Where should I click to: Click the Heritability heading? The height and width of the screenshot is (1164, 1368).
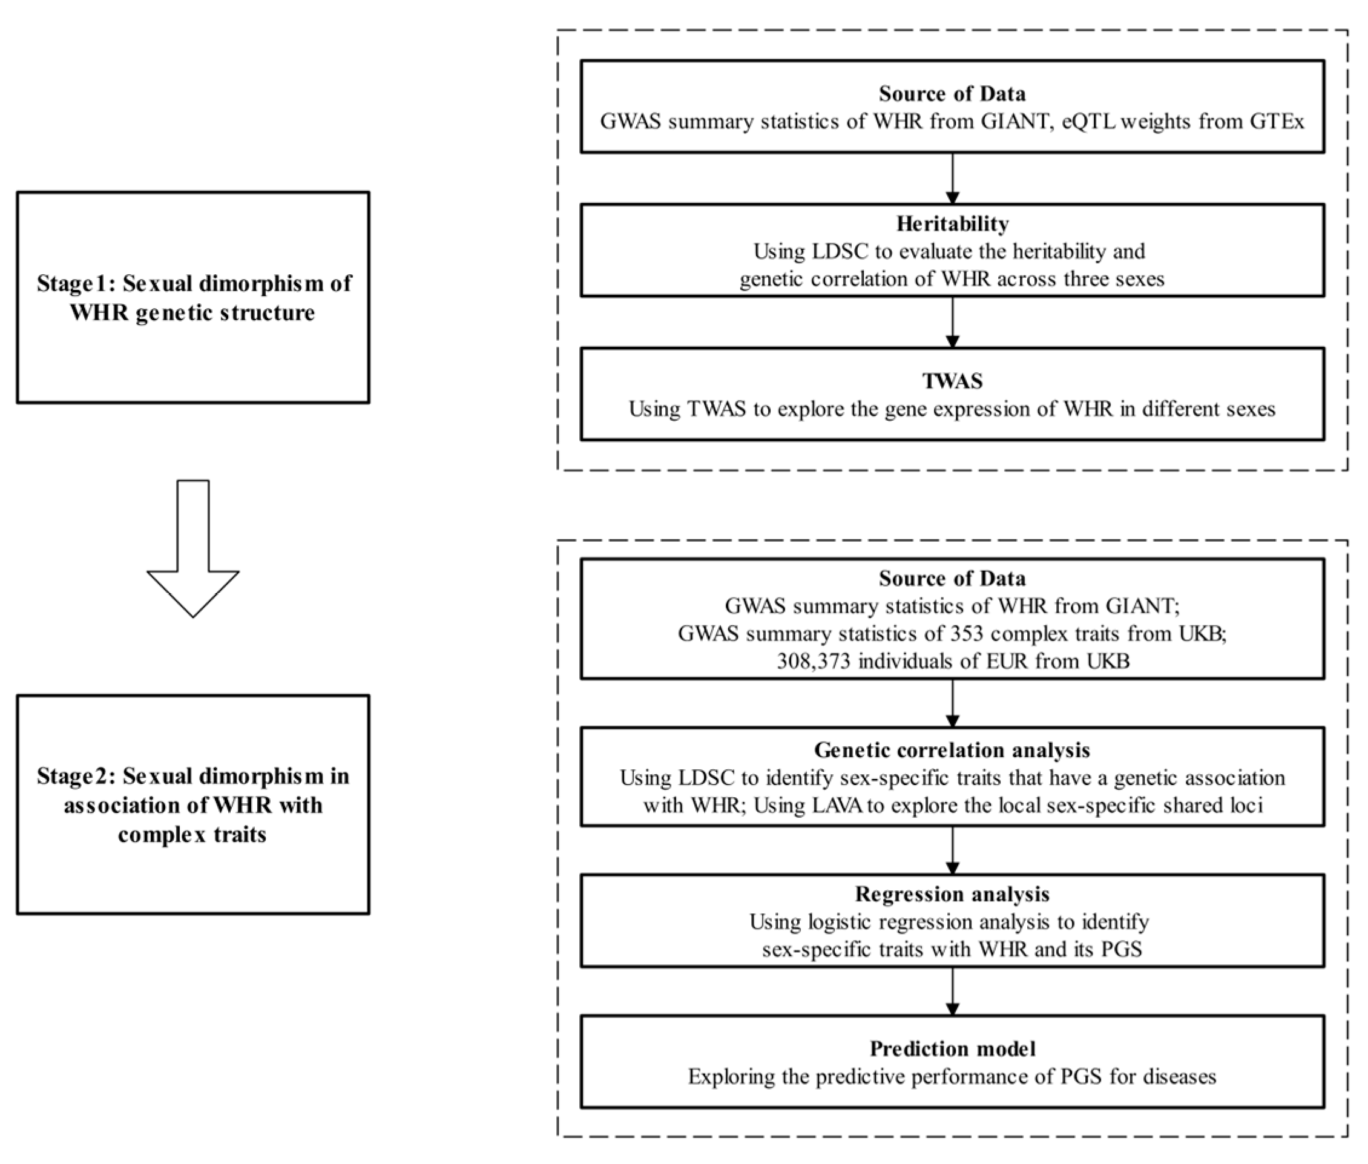pos(952,224)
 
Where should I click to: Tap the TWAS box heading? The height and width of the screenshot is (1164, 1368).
pos(952,381)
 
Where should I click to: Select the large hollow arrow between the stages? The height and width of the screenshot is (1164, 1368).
pos(192,548)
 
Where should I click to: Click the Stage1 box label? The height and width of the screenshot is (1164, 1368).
pos(192,298)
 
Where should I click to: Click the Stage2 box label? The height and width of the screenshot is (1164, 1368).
pos(192,804)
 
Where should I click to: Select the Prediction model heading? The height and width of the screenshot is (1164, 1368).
pos(952,1048)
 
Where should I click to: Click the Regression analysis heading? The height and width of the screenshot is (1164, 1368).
pos(952,894)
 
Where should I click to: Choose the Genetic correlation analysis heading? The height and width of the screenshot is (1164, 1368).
pos(952,750)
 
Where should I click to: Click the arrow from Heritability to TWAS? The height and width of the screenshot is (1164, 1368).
pos(952,322)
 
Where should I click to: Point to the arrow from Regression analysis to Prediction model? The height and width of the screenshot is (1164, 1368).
pos(952,991)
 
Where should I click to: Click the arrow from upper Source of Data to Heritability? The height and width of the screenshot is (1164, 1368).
pos(952,178)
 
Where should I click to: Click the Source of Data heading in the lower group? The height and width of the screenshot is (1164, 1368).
pos(952,579)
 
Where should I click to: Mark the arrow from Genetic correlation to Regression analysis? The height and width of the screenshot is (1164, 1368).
pos(952,850)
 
